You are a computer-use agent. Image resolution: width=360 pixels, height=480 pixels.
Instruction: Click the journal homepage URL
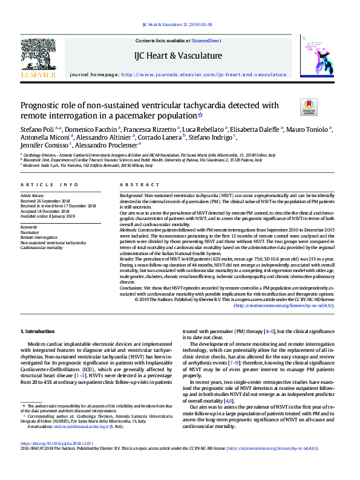(204, 74)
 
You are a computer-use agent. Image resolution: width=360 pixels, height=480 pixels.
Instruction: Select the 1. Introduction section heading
(38, 332)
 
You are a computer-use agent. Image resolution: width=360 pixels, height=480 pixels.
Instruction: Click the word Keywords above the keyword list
(29, 227)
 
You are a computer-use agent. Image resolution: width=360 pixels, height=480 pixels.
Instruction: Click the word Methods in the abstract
(128, 230)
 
